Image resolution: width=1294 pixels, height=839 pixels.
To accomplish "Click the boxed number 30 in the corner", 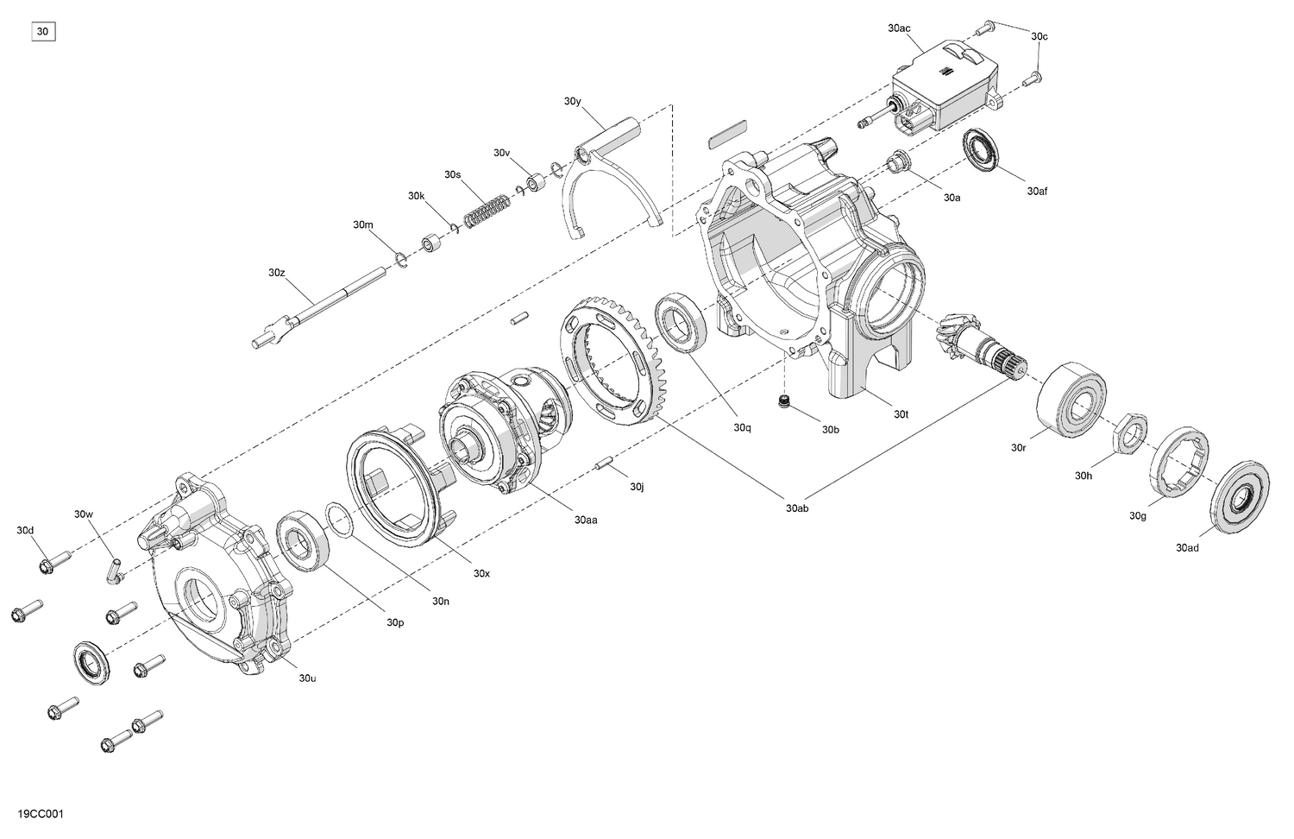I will coord(44,32).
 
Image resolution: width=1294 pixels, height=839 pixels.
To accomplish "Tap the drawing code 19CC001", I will coord(41,814).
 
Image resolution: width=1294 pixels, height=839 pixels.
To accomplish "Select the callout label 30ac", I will coord(899,28).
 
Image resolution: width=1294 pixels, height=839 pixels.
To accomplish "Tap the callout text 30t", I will coord(901,414).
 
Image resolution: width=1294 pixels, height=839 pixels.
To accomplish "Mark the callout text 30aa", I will coord(586,520).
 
